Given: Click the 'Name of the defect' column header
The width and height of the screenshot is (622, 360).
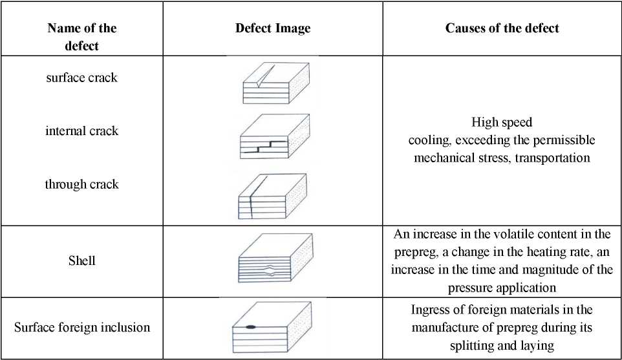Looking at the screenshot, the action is [81, 36].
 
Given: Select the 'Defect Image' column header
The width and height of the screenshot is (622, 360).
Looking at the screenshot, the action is [273, 28].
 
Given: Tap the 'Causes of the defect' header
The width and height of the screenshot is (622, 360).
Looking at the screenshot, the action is [502, 28].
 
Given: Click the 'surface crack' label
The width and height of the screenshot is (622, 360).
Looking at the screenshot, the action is [81, 78].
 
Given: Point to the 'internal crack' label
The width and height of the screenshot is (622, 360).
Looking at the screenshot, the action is [81, 131].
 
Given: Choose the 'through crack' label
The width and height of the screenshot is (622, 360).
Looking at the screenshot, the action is [81, 184].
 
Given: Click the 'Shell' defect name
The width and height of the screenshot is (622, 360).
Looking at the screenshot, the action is [81, 260].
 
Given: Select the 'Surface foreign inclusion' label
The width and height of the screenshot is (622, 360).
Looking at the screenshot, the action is [82, 327].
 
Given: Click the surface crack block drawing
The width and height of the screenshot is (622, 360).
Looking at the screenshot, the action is [276, 83].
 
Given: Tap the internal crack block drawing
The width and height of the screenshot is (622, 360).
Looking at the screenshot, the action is [275, 137].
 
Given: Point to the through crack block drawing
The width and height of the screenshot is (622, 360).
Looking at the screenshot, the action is [272, 196].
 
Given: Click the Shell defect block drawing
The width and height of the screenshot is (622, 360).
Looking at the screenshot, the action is [275, 258].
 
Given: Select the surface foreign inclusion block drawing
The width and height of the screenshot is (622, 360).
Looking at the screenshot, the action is [272, 328].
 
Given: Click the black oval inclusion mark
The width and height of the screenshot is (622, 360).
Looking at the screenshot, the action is [251, 327].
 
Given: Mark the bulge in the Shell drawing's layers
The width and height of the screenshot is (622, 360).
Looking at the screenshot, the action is [269, 270].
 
